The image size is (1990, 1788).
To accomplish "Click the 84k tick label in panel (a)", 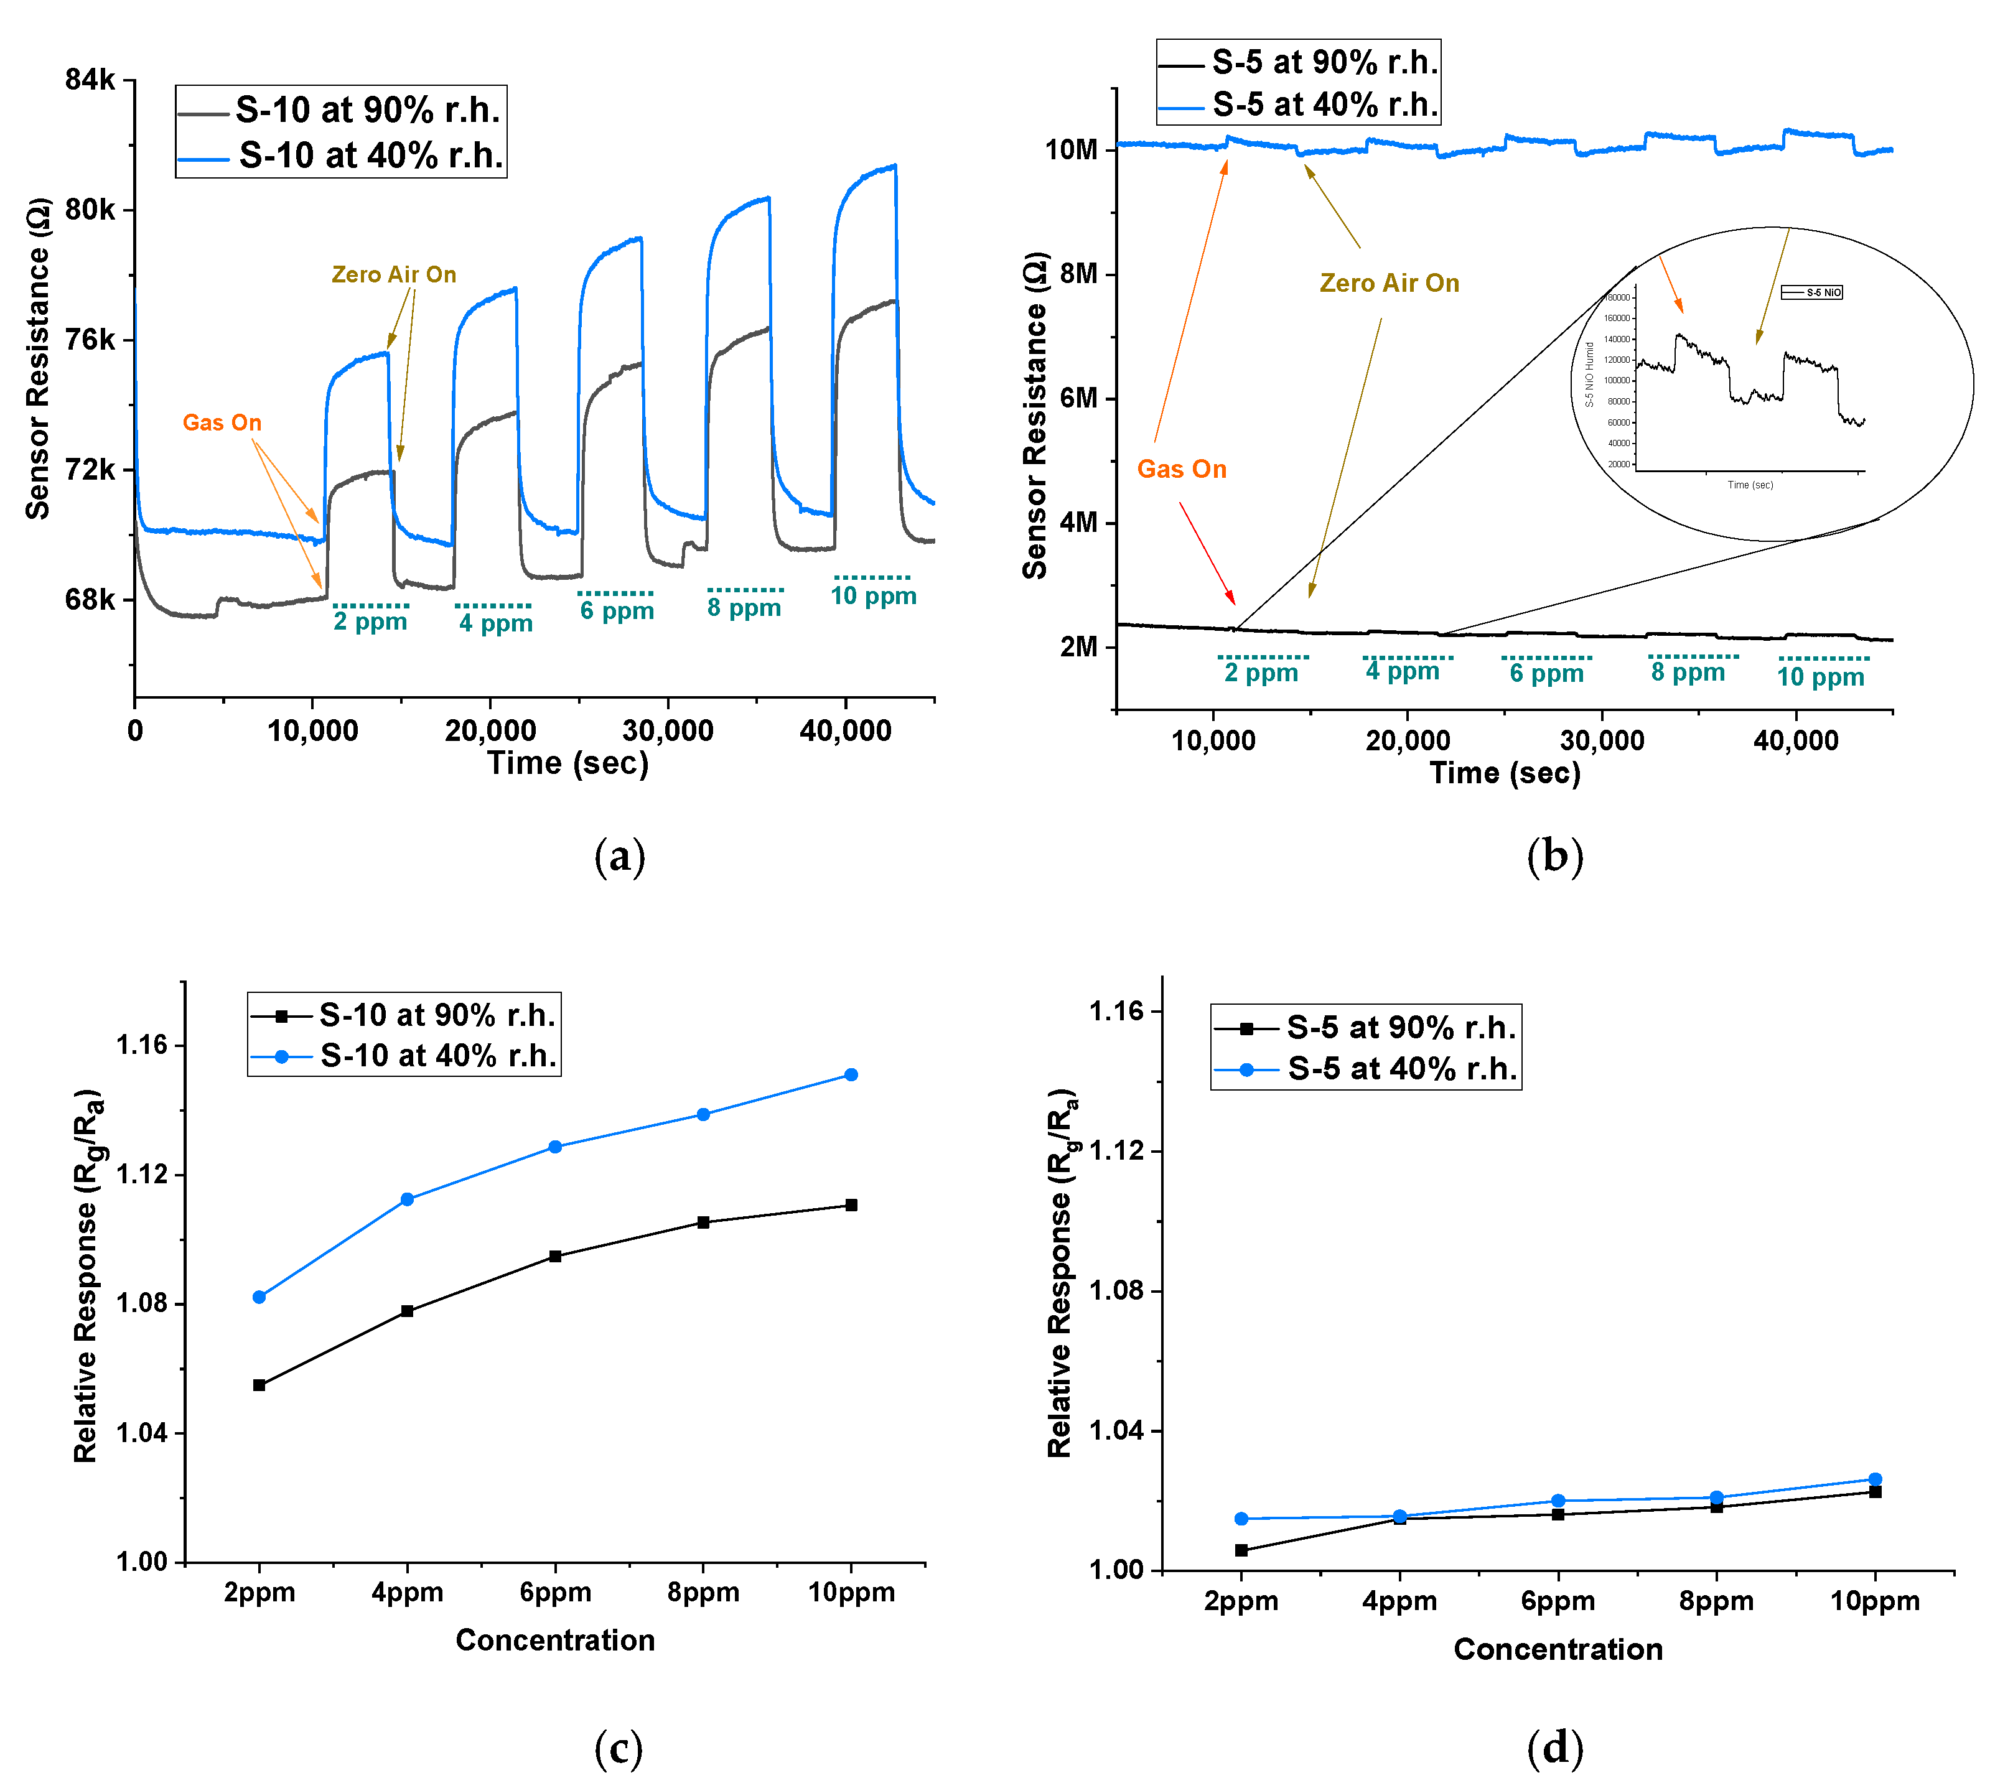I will (x=90, y=80).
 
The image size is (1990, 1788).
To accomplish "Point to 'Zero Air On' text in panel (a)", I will (x=393, y=274).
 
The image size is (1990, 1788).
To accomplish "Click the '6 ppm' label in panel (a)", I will (x=616, y=611).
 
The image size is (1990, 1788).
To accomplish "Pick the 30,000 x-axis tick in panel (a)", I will (x=667, y=731).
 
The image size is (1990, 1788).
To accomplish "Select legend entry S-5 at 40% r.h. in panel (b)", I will (x=1324, y=104).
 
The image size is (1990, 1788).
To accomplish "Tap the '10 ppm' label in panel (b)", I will (x=1820, y=677).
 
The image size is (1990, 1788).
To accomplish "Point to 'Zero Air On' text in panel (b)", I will (x=1388, y=283).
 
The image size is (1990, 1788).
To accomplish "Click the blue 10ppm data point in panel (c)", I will (x=851, y=1075).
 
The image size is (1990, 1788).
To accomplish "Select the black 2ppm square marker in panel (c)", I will (x=259, y=1385).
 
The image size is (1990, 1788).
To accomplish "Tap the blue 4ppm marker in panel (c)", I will (x=407, y=1199).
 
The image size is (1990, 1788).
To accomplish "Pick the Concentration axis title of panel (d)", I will (x=1558, y=1649).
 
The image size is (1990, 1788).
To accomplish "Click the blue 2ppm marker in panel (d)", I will (x=1241, y=1519).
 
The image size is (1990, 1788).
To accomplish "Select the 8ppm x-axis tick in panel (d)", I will (x=1716, y=1601).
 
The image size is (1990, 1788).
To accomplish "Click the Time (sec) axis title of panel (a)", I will (x=568, y=763).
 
